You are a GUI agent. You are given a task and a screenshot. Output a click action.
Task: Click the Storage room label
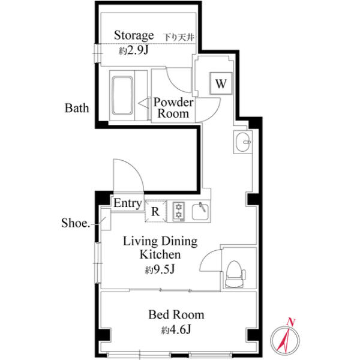click(x=134, y=36)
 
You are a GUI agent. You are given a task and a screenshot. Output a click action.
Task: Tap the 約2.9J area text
click(x=134, y=50)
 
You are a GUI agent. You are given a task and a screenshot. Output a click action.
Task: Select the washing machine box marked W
click(x=221, y=83)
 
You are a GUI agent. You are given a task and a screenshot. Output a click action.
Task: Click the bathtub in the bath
click(x=122, y=95)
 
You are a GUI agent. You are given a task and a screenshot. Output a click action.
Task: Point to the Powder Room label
click(x=173, y=108)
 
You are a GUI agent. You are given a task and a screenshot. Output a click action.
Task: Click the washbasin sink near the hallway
click(x=243, y=142)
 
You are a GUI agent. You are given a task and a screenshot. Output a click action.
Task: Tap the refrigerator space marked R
click(x=155, y=211)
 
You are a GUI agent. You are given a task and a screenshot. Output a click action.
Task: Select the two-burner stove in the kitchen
click(x=178, y=211)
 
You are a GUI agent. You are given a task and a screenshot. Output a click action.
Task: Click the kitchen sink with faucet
click(x=200, y=211)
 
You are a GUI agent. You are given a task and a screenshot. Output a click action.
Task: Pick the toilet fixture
click(x=235, y=274)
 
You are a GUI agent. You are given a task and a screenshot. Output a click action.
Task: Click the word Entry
click(x=128, y=203)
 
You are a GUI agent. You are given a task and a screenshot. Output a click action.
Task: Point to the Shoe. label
click(x=76, y=223)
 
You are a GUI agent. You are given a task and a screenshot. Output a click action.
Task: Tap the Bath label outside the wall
click(x=77, y=108)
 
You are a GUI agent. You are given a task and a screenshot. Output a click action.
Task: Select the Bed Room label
click(x=176, y=314)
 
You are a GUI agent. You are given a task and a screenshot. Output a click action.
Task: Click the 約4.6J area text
click(x=176, y=329)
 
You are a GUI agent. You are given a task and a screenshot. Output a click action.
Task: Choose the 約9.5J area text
click(x=160, y=269)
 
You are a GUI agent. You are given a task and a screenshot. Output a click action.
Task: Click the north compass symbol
click(x=285, y=340)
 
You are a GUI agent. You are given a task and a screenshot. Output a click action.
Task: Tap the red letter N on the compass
click(x=291, y=322)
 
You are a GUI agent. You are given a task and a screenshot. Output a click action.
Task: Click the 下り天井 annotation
click(x=179, y=37)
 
